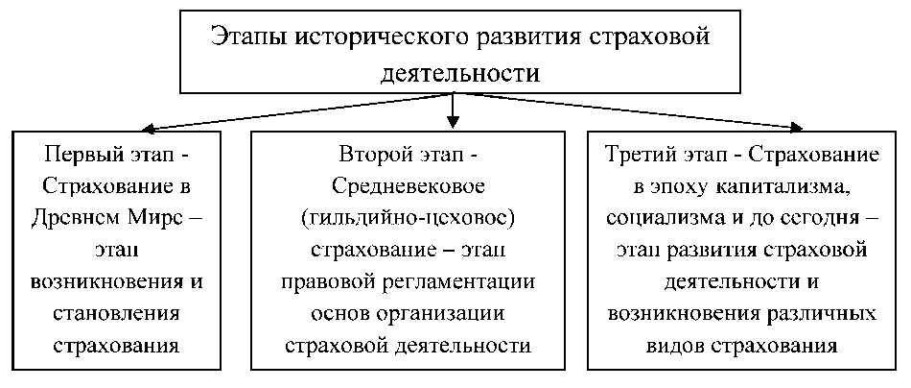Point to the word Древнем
point(80,219)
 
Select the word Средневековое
point(408,187)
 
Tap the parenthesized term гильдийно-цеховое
point(408,219)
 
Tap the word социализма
point(665,219)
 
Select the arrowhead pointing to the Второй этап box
point(454,124)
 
